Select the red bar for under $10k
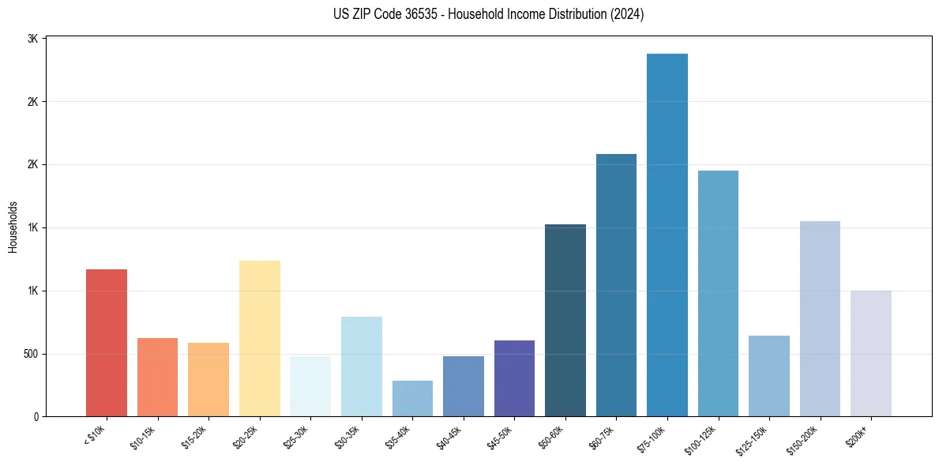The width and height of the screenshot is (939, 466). click(107, 343)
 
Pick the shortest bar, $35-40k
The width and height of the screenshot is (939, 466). click(412, 398)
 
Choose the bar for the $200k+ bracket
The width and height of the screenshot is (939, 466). click(871, 353)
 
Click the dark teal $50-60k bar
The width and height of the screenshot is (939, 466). click(565, 320)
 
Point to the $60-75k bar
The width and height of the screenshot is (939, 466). click(616, 285)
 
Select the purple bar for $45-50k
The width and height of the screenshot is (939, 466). click(514, 378)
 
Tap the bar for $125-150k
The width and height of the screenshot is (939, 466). click(769, 376)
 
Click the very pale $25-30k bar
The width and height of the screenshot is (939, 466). click(310, 386)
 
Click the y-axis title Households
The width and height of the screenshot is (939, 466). click(13, 227)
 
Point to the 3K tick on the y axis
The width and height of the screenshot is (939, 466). click(32, 39)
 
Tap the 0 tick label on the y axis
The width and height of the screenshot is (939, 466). click(36, 416)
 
